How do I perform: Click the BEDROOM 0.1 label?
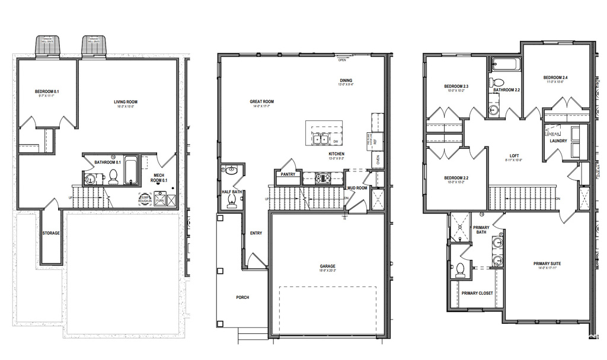coord(47,91)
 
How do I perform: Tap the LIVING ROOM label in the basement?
coord(126,102)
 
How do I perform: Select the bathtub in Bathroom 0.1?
coord(130,170)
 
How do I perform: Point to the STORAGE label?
coord(51,233)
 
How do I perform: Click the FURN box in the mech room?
coord(159,200)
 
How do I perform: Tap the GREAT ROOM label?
coord(261,102)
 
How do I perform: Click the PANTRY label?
coord(288,174)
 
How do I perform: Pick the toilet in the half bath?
coord(231,202)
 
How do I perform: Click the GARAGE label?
coord(327,266)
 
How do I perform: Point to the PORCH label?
coord(242,297)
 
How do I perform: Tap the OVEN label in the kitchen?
coord(378,160)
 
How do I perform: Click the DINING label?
coord(346,81)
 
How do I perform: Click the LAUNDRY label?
coord(558,141)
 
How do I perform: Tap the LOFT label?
coord(513,156)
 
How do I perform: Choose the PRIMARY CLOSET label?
coord(477,293)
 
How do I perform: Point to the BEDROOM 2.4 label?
coord(555,78)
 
